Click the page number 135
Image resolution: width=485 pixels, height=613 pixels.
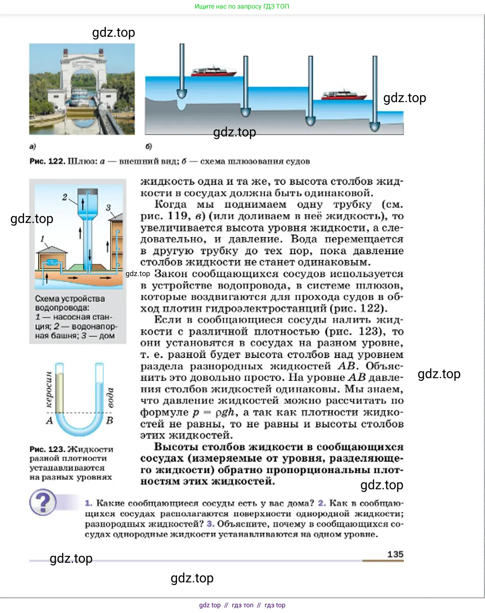pos(395,554)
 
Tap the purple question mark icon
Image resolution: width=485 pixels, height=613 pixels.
pos(43,502)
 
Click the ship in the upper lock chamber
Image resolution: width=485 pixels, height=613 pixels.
pos(213,71)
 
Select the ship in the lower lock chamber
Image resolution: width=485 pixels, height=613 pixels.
pos(344,95)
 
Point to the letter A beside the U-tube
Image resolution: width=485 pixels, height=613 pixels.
pos(50,420)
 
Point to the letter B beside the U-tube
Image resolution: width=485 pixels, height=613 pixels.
pos(110,420)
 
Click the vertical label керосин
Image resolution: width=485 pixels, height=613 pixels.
pos(49,389)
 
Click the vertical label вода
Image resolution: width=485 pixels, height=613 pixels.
pos(110,397)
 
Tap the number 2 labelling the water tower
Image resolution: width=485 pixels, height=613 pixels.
pos(65,197)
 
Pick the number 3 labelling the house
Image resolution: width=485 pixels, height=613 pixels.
pos(108,207)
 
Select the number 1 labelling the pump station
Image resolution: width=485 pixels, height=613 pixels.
pos(43,239)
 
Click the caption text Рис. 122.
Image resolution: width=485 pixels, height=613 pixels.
pos(47,161)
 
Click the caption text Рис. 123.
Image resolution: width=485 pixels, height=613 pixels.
pos(47,449)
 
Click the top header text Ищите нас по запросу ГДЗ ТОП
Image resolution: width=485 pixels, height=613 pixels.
pos(242,7)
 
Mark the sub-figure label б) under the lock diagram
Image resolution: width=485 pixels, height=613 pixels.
pos(149,147)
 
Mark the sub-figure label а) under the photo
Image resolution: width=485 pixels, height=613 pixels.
pos(33,147)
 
